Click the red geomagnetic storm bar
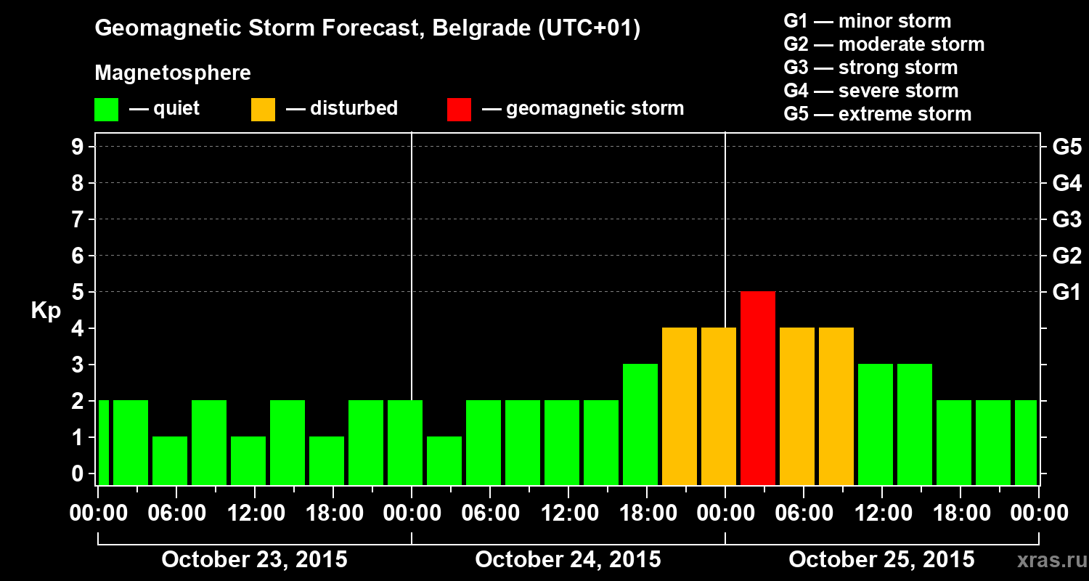pos(758,388)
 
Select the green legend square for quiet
pos(106,109)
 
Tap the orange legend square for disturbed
pos(263,109)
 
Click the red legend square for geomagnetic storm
pos(459,109)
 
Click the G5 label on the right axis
pos(1066,147)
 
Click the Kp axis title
pos(46,311)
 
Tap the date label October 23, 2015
pos(254,559)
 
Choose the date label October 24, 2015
pos(568,559)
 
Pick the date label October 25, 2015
pos(881,559)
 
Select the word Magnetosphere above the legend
pos(173,73)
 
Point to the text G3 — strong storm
pos(870,68)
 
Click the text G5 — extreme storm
pos(877,114)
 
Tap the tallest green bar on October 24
pos(640,424)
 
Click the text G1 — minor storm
pos(867,21)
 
